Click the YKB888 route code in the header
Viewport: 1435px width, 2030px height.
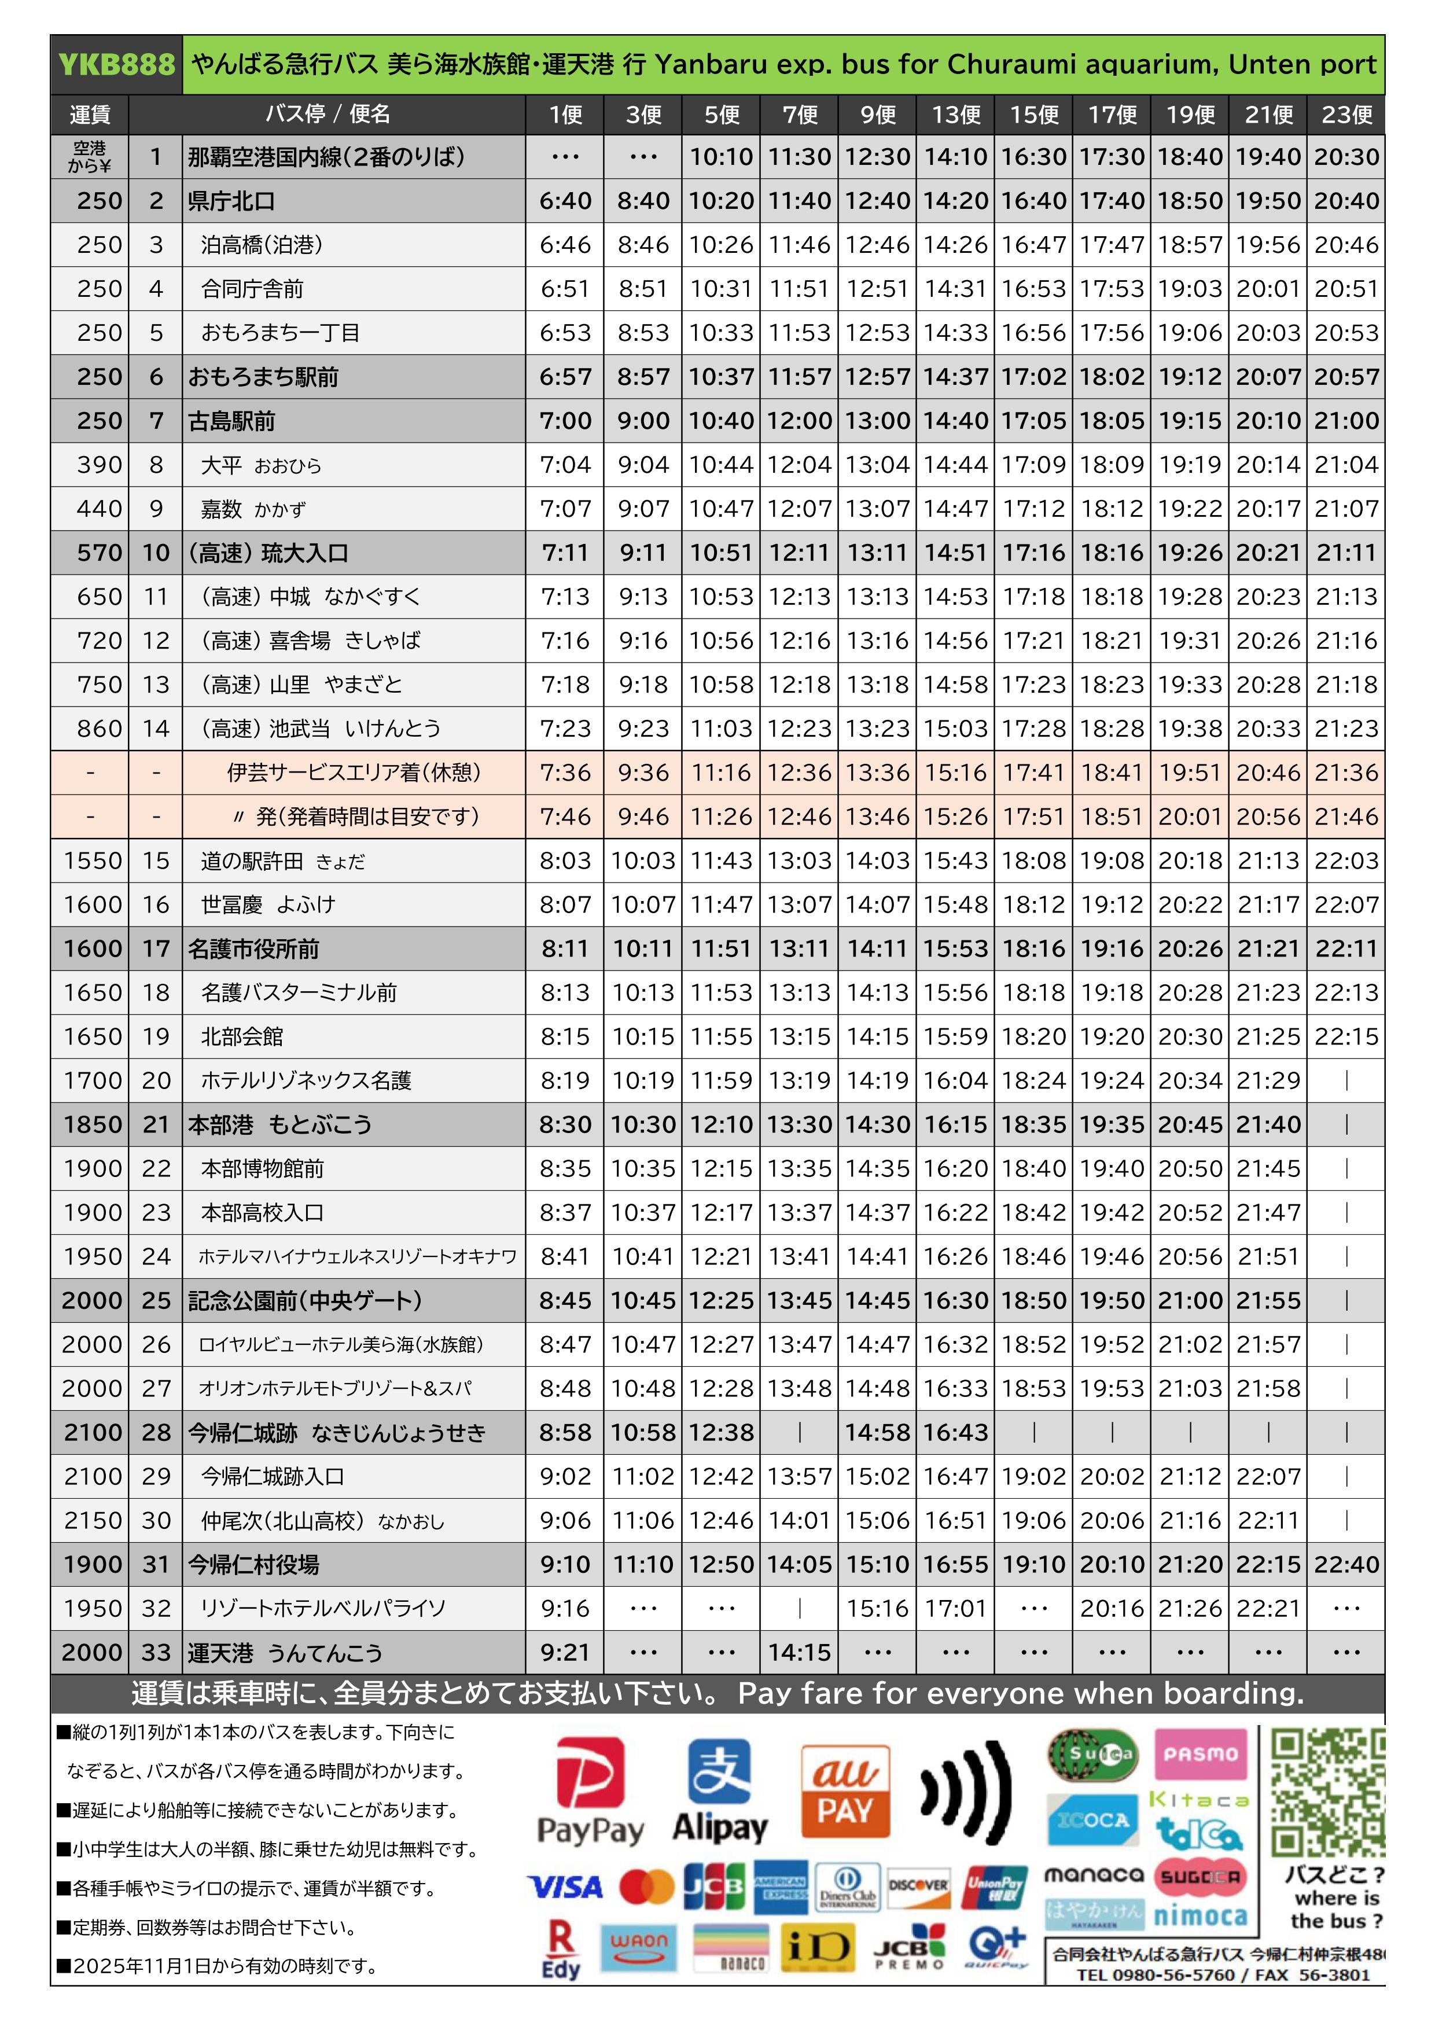click(x=116, y=65)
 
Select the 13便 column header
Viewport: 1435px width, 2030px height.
click(x=956, y=114)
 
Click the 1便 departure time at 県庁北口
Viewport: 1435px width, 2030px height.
click(x=565, y=201)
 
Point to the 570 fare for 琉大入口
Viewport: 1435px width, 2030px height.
click(x=99, y=553)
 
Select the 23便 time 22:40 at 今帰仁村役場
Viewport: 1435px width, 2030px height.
click(x=1346, y=1564)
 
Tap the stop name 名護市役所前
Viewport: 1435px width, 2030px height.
click(x=253, y=948)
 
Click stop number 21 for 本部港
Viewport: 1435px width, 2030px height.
click(x=156, y=1124)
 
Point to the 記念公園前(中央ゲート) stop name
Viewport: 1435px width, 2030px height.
click(x=305, y=1301)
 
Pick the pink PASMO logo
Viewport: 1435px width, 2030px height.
click(x=1200, y=1753)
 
